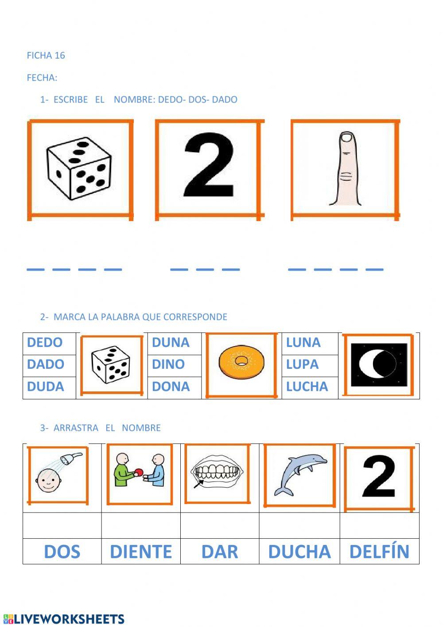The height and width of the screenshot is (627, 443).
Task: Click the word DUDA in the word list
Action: (46, 386)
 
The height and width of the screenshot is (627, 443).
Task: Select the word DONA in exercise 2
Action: (171, 386)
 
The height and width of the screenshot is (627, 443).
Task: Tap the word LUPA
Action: (302, 364)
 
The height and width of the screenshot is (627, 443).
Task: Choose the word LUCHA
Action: (307, 386)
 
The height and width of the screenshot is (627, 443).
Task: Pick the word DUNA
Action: (171, 343)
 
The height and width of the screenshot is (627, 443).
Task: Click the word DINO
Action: (168, 364)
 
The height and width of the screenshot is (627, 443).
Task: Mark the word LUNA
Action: (303, 343)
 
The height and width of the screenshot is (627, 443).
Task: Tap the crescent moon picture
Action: (379, 364)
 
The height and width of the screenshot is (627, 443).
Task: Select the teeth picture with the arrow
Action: (217, 473)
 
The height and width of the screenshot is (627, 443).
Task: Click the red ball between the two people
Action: (138, 472)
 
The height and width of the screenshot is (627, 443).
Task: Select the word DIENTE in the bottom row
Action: (141, 552)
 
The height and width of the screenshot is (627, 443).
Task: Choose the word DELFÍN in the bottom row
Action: (379, 552)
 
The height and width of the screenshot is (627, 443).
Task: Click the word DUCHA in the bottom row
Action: (299, 552)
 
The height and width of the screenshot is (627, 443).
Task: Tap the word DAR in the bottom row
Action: (220, 552)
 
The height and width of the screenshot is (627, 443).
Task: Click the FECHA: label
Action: (42, 78)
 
